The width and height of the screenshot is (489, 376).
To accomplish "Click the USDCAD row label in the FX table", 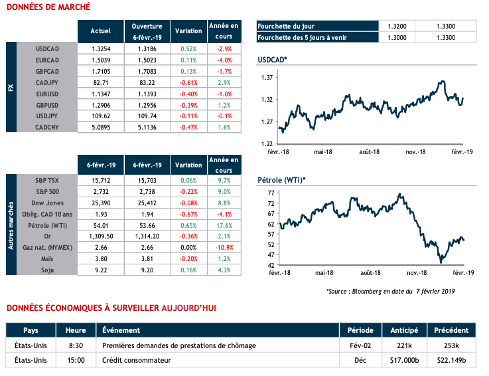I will tap(50, 49).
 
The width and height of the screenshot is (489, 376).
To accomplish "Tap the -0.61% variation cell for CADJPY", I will tap(188, 82).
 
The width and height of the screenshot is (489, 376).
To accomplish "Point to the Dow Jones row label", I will tap(46, 202).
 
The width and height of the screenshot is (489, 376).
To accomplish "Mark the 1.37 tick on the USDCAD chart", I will tap(268, 78).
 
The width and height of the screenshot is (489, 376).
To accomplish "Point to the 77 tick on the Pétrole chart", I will tap(270, 193).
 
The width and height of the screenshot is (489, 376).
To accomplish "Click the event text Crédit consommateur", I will tap(137, 361).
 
